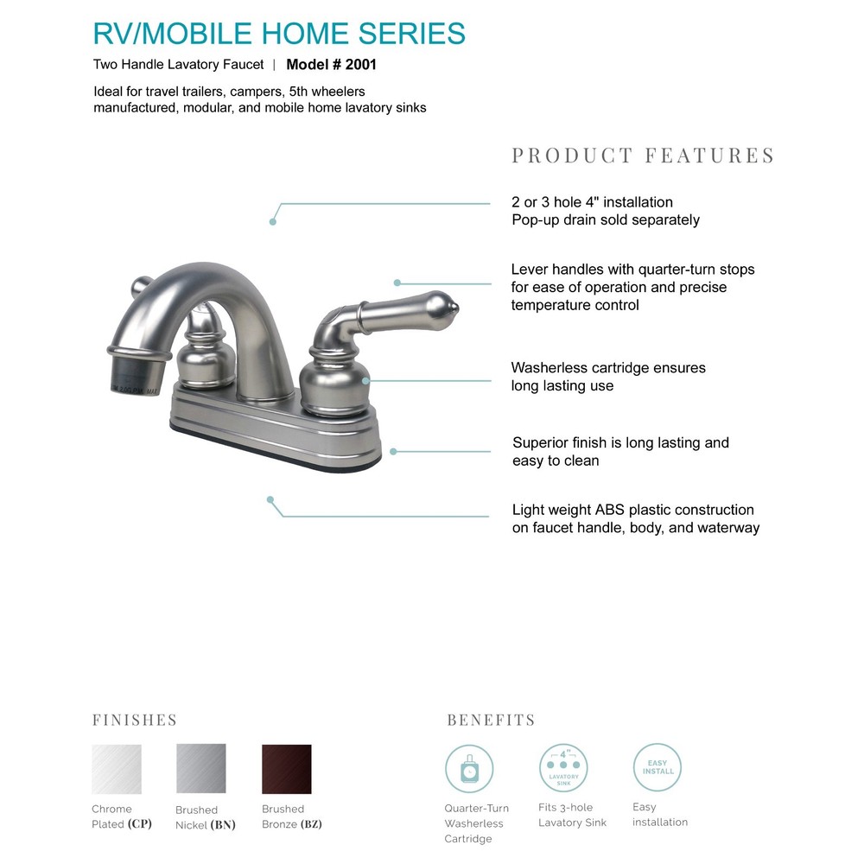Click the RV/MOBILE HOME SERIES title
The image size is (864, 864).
pos(279,33)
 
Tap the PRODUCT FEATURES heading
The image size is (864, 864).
pos(643,156)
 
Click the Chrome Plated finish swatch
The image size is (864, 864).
pos(117,769)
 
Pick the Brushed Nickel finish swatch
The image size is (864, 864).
pos(201,769)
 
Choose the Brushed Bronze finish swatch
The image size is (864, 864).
pos(286,769)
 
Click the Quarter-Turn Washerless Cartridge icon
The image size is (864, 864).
pos(469,769)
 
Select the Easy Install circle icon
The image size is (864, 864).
pos(658,767)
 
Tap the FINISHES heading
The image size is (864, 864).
pos(135,720)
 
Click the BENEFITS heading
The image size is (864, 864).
pos(491,720)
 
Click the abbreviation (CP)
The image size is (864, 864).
pos(139,823)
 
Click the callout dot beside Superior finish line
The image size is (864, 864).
pos(393,451)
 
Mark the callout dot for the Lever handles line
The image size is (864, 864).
pos(397,283)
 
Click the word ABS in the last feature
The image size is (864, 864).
pos(610,510)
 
